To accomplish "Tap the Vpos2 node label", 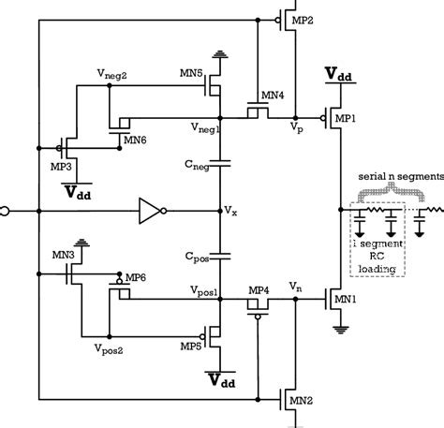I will pos(111,346).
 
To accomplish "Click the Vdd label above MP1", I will pos(338,74).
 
